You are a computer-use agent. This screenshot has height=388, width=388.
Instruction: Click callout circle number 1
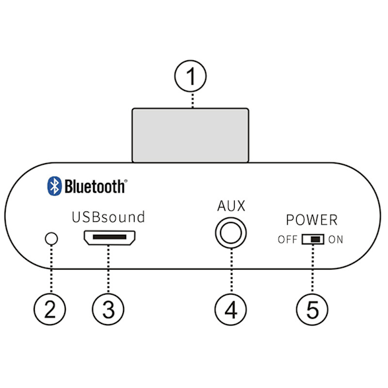(191, 78)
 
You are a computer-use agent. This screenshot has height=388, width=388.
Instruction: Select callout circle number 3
(109, 308)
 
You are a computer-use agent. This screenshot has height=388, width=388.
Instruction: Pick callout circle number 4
(232, 308)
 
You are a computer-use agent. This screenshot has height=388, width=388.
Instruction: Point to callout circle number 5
(312, 308)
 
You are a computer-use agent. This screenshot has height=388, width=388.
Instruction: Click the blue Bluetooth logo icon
(54, 186)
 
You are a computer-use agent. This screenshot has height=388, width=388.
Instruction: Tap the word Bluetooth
(96, 186)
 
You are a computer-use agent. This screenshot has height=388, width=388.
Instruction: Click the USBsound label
(109, 217)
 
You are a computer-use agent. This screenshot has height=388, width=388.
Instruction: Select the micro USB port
(109, 239)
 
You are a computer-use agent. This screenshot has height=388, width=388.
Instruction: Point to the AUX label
(232, 207)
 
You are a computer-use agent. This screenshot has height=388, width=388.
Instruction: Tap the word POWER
(312, 221)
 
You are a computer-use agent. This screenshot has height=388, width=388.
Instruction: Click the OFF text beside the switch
(288, 240)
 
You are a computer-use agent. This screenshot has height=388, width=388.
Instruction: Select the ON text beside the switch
(336, 240)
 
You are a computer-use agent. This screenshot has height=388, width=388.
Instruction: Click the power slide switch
(312, 240)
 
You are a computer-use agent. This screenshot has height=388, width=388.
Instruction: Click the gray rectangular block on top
(190, 135)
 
